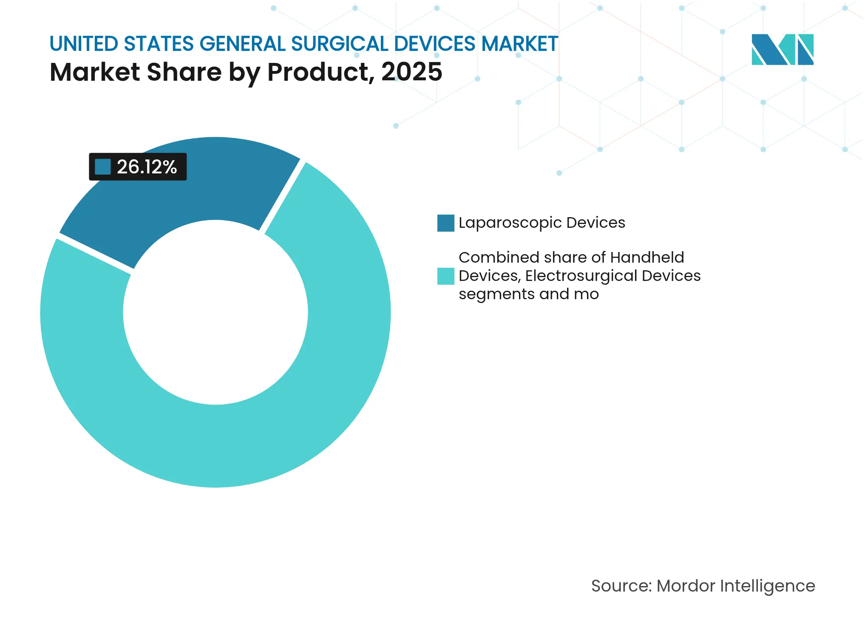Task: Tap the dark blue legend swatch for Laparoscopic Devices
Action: pos(445,223)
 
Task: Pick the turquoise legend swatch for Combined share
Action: pos(445,276)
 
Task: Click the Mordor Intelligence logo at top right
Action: pos(782,50)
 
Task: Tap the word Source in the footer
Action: pos(620,586)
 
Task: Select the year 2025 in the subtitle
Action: pos(411,72)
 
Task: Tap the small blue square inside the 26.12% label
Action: pos(103,167)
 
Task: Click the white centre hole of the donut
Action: pos(216,312)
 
